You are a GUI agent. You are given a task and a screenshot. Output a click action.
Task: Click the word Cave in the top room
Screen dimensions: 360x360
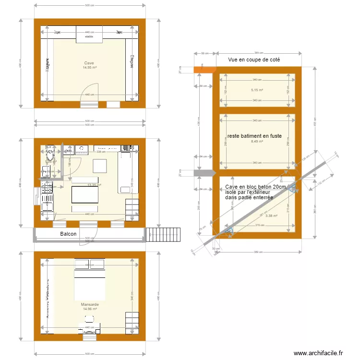pos(89,63)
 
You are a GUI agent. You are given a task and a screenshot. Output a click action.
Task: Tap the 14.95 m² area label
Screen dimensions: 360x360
pos(89,68)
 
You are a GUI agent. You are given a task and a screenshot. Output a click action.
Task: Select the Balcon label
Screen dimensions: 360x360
pos(68,234)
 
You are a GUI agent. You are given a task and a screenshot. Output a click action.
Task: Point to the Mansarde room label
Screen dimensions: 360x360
pos(90,305)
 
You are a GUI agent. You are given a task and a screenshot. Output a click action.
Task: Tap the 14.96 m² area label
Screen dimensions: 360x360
pos(90,310)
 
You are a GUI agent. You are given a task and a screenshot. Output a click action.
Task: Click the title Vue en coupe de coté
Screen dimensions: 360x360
pos(254,60)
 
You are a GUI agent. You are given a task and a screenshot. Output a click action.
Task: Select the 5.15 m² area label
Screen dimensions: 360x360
pos(257,90)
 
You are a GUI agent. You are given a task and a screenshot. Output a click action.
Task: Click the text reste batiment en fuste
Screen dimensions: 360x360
pos(254,136)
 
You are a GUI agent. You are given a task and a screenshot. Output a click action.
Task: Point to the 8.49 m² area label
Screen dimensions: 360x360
pos(257,141)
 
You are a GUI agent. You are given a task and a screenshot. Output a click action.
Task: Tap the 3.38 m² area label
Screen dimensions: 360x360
pos(272,216)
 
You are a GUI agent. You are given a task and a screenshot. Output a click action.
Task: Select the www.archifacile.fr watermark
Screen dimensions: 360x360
pos(318,353)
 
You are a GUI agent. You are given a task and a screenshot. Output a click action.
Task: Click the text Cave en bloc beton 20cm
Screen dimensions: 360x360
pos(255,188)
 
